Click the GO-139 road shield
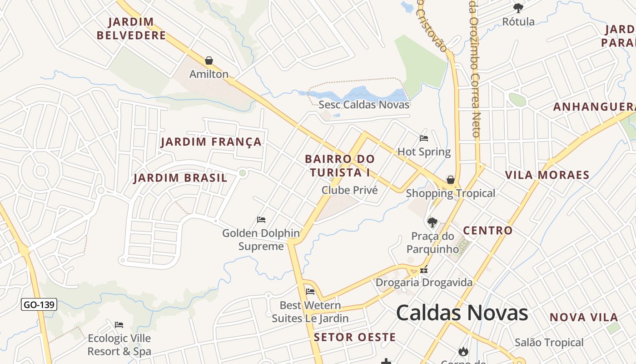point(39,305)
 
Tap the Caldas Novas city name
point(462,313)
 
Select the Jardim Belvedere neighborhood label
point(131,28)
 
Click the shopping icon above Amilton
point(209,61)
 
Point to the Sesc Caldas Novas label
point(364,105)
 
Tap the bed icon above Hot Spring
point(424,138)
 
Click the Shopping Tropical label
point(450,193)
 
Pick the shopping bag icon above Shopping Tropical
point(451,180)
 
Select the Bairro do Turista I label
point(340,166)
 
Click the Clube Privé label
point(349,190)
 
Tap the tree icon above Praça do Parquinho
point(432,222)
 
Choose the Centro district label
point(487,231)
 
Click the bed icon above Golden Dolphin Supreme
point(261,220)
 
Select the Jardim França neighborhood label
point(211,142)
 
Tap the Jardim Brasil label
point(180,178)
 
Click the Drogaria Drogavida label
point(424,283)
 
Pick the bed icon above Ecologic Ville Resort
point(119,324)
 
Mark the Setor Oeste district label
point(354,337)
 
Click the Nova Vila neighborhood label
point(584,318)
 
